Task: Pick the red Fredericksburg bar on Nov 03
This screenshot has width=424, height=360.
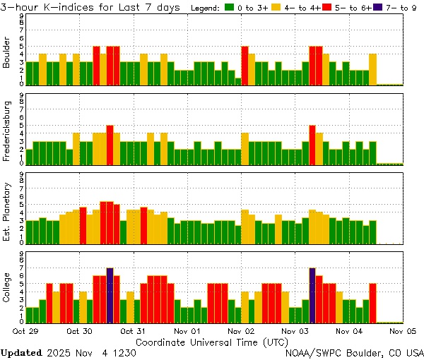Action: tap(312, 145)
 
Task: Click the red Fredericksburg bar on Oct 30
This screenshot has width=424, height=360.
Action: tap(110, 145)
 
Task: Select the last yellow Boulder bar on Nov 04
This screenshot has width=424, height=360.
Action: tap(372, 68)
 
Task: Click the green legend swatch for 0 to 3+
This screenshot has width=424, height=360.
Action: tap(230, 8)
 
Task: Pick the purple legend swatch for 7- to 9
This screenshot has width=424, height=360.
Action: tap(378, 8)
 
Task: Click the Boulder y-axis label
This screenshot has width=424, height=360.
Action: tap(8, 52)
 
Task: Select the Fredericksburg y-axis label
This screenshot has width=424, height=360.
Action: tap(8, 131)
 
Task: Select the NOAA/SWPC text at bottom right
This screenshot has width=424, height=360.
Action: tap(314, 352)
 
